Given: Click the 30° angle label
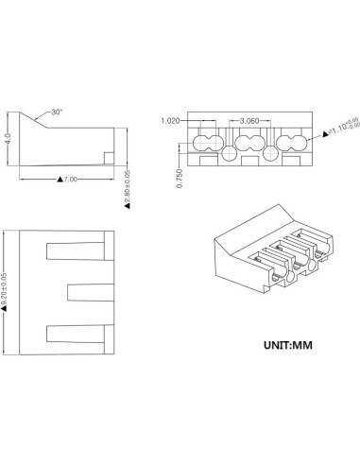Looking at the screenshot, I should point(57,112).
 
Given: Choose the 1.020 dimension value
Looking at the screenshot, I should point(171,121).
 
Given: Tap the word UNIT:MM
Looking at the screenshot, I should point(286,344).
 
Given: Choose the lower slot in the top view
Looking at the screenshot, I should point(72,332).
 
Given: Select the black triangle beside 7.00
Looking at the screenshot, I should point(60,178).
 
